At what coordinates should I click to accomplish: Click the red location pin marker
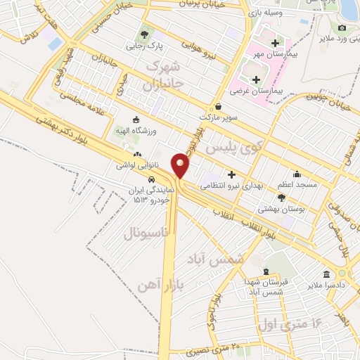coord(181,165)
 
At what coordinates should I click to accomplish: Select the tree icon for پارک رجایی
coord(145,33)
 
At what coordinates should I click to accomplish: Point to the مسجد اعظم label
coord(297,184)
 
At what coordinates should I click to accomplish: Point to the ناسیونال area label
coord(147,233)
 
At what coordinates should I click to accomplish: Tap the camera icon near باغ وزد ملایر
coord(342,27)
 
